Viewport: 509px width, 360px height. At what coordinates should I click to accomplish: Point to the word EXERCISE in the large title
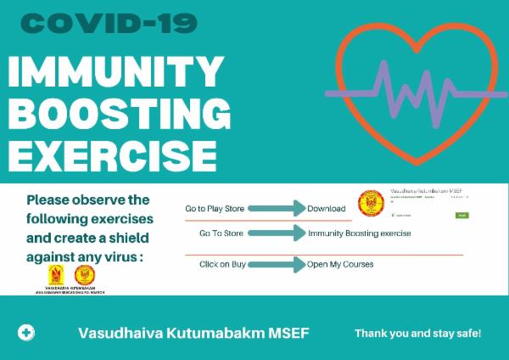click(110, 155)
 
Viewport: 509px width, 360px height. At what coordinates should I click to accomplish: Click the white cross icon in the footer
click(27, 332)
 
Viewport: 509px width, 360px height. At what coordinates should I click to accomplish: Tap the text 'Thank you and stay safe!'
click(417, 332)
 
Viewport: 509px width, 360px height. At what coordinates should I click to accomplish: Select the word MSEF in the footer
click(288, 332)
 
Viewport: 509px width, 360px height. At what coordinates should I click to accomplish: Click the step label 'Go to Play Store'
click(218, 208)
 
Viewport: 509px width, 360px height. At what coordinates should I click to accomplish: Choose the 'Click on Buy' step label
click(222, 264)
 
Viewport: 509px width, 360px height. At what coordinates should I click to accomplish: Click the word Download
click(327, 208)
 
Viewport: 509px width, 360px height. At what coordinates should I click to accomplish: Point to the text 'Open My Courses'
click(340, 264)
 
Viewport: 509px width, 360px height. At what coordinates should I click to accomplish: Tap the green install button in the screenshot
click(462, 216)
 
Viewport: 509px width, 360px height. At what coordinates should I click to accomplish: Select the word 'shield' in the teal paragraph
click(130, 237)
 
